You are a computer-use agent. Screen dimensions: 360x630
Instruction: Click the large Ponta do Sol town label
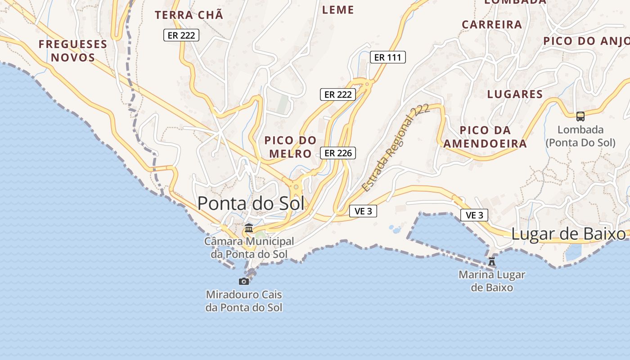point(251,203)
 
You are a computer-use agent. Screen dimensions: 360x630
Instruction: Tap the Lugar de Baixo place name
point(568,234)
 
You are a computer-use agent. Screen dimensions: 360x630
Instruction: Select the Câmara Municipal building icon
point(249,228)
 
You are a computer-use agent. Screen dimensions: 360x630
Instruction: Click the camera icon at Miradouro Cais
point(244,281)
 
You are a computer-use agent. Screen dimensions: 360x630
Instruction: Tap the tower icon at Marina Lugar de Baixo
point(492,261)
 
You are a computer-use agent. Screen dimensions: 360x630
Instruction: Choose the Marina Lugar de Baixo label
point(492,281)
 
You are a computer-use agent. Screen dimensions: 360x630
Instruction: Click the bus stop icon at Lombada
point(580,117)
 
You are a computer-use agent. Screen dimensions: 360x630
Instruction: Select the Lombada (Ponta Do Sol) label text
point(580,136)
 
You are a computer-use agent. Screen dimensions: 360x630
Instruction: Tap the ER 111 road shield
point(388,57)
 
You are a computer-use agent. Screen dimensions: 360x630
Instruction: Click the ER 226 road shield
point(338,153)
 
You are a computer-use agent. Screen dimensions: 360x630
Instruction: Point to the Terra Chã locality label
point(189,15)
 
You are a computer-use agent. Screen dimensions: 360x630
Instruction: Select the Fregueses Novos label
point(73,51)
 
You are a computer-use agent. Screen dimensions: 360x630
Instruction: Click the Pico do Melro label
point(290,147)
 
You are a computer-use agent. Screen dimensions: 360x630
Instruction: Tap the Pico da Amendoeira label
point(485,137)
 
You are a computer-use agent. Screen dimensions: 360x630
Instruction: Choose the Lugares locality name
point(515,94)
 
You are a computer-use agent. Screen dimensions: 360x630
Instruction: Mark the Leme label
point(338,9)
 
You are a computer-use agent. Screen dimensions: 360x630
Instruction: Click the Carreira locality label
point(492,24)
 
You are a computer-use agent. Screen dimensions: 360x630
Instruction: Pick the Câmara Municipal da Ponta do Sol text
point(249,247)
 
